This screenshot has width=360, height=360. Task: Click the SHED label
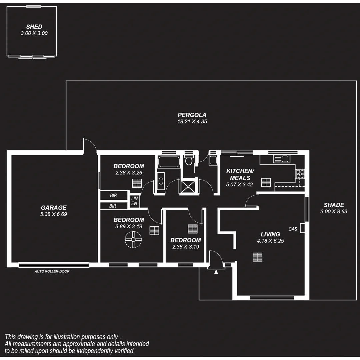click(x=34, y=27)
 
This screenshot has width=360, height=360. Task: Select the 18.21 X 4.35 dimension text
click(x=192, y=122)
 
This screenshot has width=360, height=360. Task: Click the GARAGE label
click(x=53, y=208)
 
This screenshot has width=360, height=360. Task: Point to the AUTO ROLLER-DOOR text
click(x=52, y=271)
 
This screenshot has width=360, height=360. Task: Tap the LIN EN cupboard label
click(x=134, y=201)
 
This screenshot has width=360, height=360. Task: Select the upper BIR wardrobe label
click(x=113, y=196)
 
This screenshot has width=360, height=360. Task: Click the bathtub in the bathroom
click(x=169, y=162)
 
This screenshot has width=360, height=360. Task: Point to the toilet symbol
click(x=189, y=161)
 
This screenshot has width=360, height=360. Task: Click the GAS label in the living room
click(x=293, y=229)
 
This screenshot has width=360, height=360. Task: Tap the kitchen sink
click(x=281, y=159)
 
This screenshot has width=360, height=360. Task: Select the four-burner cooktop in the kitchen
click(x=300, y=174)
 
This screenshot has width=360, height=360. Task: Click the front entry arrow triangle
click(x=216, y=272)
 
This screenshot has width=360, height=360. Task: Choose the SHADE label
click(x=334, y=205)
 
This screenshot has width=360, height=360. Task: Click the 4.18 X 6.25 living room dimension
click(x=270, y=241)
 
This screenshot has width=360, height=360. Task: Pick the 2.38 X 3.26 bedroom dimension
click(x=129, y=173)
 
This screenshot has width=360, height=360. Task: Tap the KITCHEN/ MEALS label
click(x=240, y=174)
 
